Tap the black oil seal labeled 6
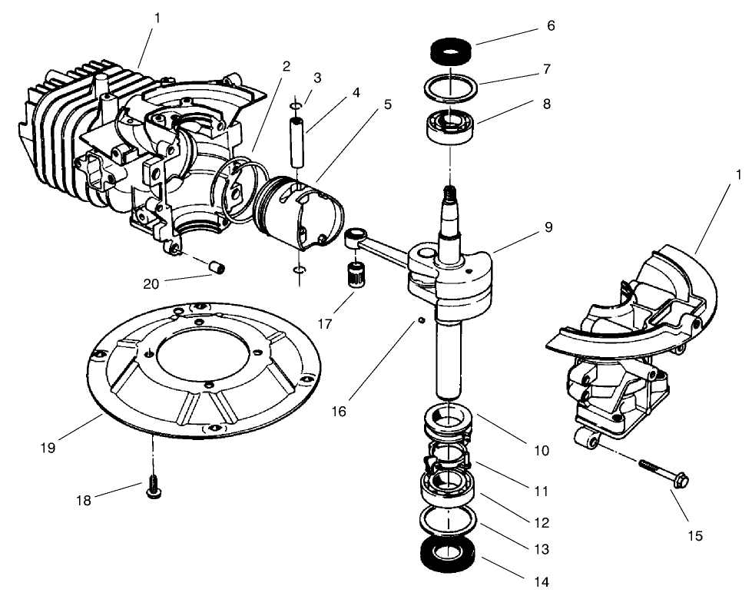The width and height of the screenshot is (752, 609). [x=452, y=51]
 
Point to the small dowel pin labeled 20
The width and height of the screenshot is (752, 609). [x=218, y=267]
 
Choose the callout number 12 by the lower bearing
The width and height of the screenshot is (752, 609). [x=542, y=523]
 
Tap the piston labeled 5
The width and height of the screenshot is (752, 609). [x=300, y=211]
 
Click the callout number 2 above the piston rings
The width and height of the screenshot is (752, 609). [x=286, y=66]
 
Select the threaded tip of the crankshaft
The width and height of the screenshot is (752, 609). [x=449, y=197]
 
